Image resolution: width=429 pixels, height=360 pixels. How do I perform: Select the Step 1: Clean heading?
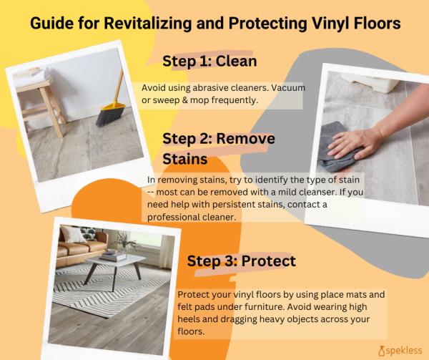(x=209, y=61)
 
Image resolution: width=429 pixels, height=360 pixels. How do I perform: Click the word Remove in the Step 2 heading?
(x=246, y=139)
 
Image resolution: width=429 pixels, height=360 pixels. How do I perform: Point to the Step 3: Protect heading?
(x=242, y=261)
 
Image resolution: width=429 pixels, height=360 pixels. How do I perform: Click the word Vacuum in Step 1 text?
(x=288, y=88)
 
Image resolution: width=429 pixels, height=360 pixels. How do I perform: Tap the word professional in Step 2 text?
(x=173, y=218)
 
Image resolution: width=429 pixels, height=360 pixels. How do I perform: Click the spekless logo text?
(x=404, y=351)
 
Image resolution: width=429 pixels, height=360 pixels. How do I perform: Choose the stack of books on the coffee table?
(x=113, y=256)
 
